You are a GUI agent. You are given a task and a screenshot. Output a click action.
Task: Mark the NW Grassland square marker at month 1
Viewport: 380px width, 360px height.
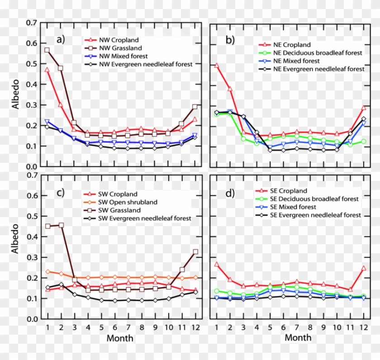(x=47, y=50)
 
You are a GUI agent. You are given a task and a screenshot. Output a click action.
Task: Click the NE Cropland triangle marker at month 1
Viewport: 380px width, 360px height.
(x=217, y=66)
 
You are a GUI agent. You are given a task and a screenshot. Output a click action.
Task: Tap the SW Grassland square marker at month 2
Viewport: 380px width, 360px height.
(x=61, y=225)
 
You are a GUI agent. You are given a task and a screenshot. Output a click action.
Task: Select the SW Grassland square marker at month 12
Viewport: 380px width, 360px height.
(x=195, y=251)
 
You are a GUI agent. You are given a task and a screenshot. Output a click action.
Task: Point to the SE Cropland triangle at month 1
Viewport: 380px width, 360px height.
(x=217, y=264)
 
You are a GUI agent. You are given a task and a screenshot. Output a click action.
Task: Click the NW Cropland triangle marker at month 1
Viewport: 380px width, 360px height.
(x=47, y=70)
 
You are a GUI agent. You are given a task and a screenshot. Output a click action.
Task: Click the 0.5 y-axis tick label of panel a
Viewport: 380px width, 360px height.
(x=31, y=64)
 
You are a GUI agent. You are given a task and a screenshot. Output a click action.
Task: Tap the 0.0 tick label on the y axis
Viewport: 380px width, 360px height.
(x=31, y=319)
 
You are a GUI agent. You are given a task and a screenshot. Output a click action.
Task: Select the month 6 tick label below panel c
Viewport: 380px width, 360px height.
(x=115, y=327)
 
